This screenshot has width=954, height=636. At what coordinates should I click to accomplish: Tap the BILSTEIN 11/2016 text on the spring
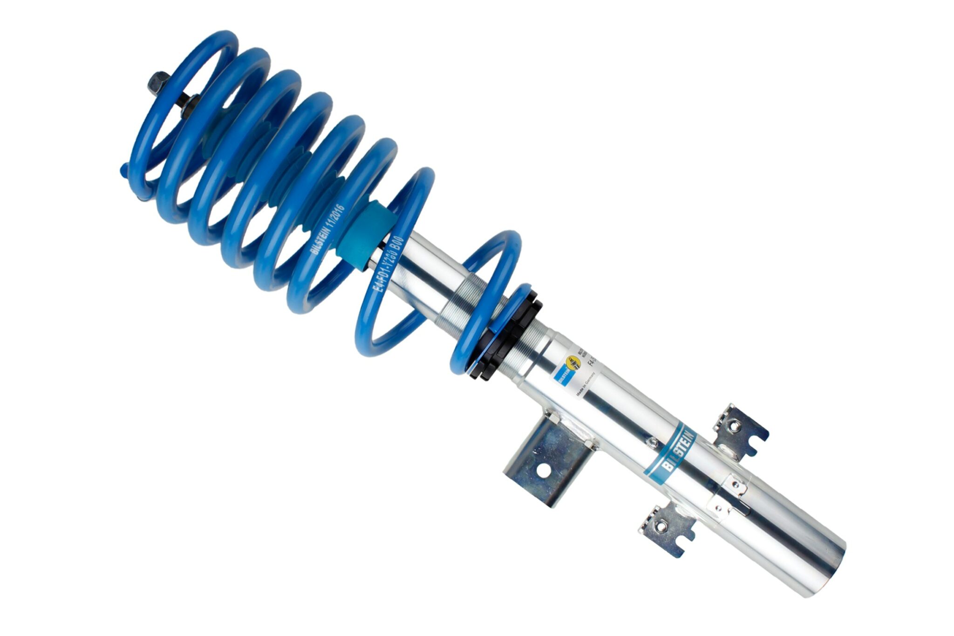pyautogui.click(x=327, y=229)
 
